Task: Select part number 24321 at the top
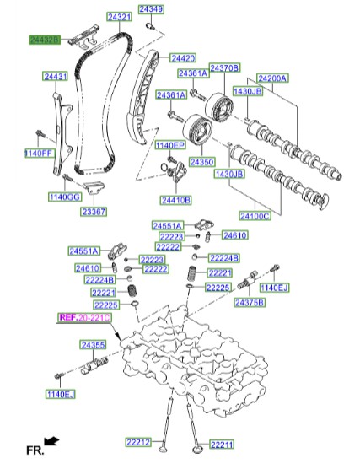[119, 17]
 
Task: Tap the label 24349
[151, 9]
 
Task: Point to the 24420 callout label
[183, 58]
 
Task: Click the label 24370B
[224, 67]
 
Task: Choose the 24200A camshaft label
[272, 78]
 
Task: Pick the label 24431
[56, 77]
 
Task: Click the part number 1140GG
[63, 197]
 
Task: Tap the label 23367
[93, 213]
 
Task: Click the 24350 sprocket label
[201, 161]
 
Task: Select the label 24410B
[175, 200]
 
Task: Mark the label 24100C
[255, 216]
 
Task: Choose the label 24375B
[248, 302]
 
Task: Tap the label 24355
[93, 345]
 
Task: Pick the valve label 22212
[138, 442]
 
